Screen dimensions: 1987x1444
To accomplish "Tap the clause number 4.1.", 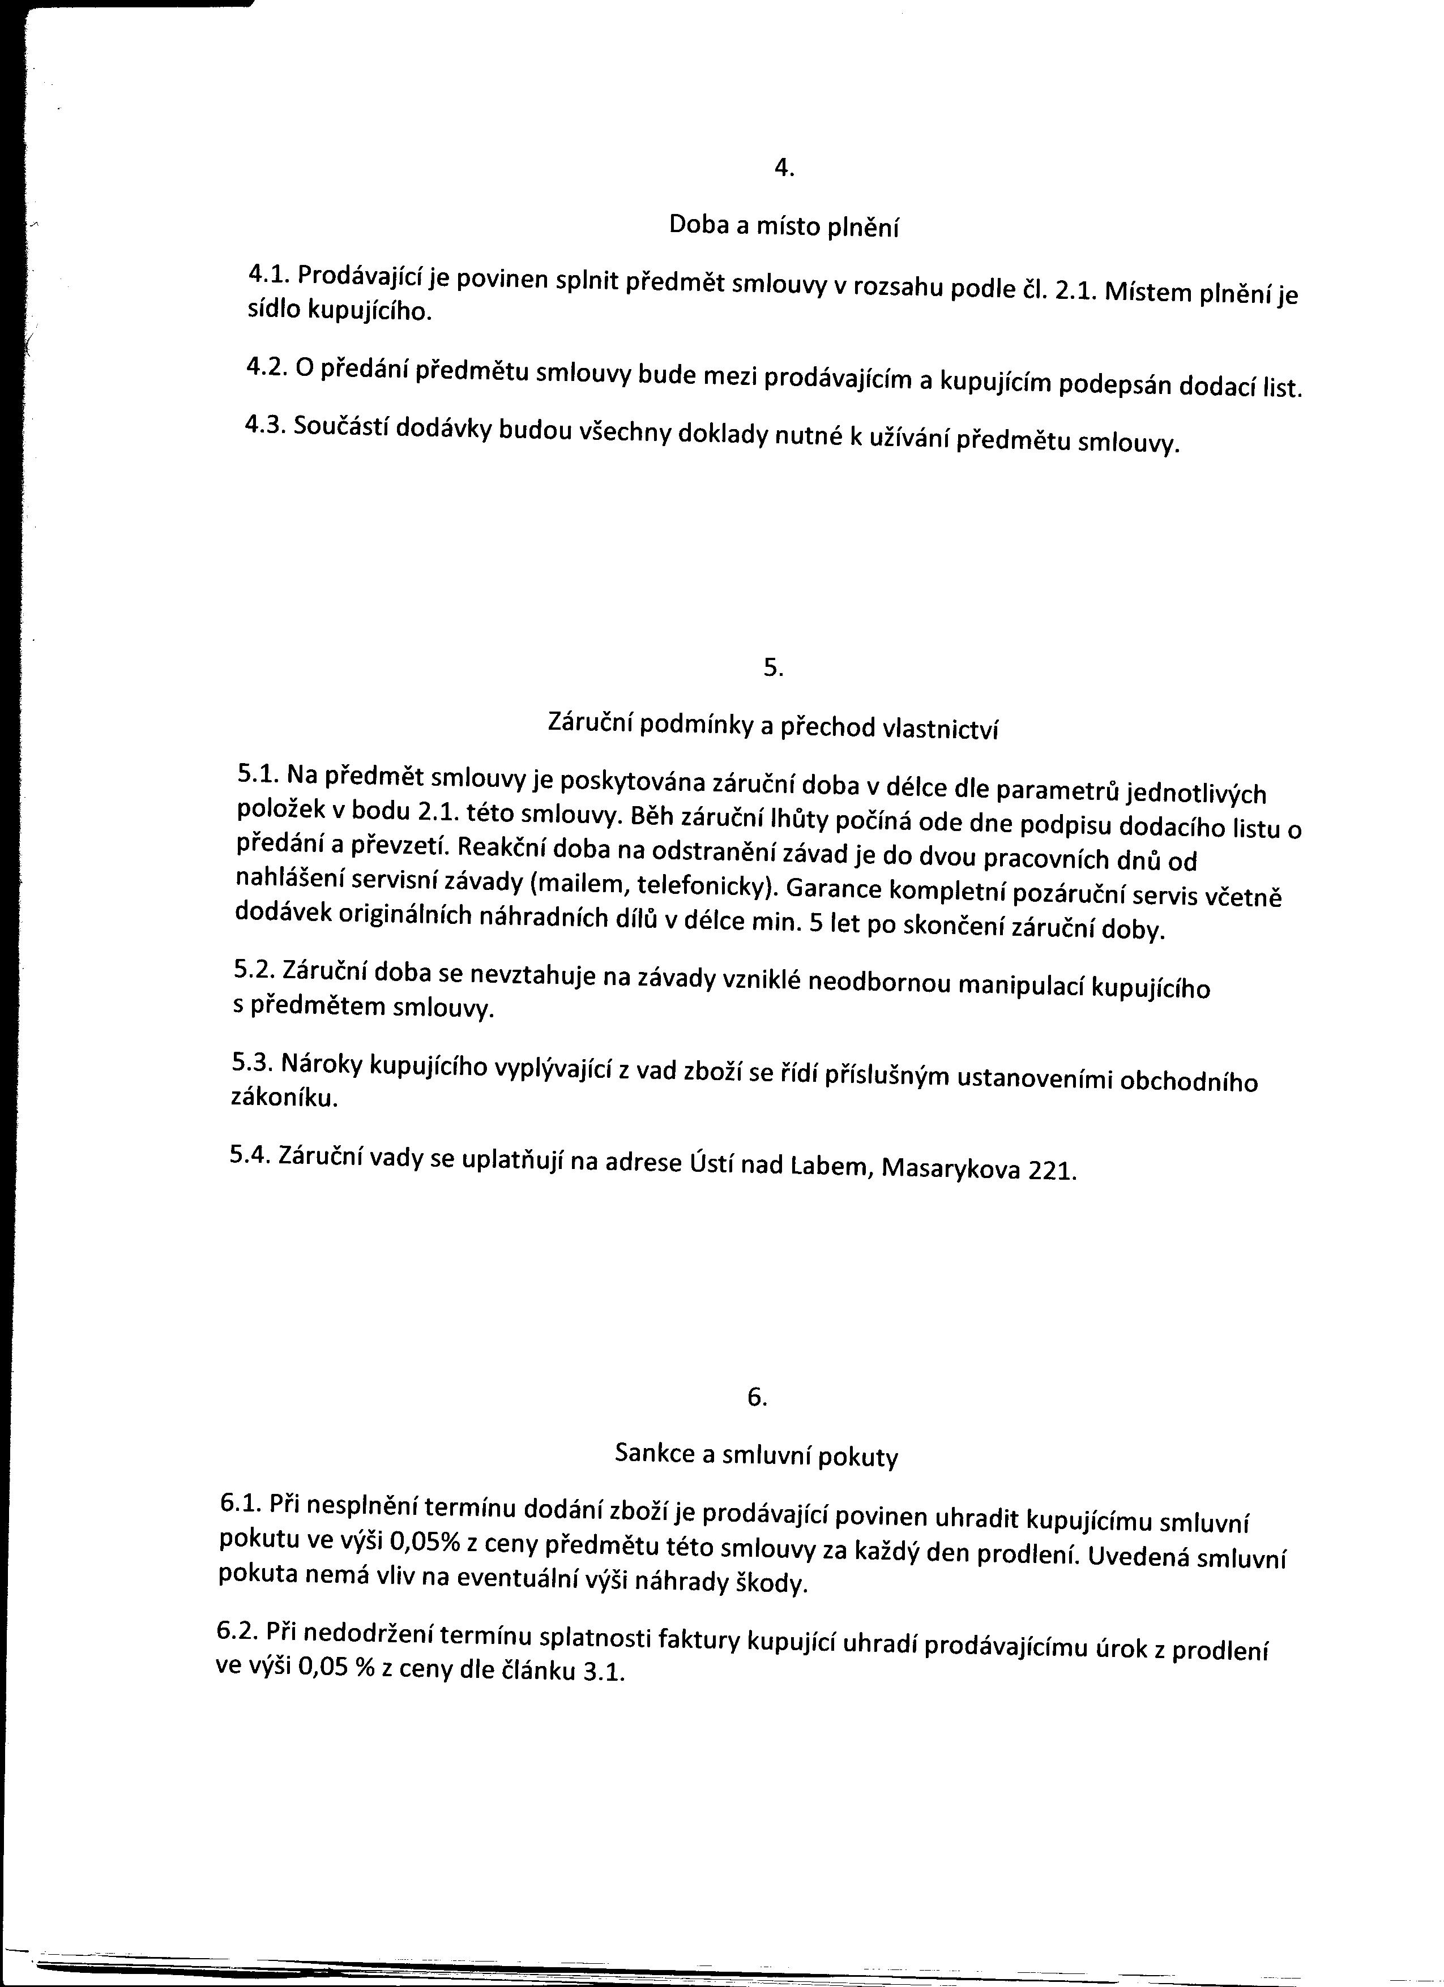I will [x=268, y=274].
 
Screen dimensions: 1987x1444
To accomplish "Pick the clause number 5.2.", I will [x=254, y=969].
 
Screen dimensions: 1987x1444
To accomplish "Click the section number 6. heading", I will [x=757, y=1398].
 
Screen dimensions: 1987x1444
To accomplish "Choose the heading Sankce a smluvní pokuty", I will [x=756, y=1455].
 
